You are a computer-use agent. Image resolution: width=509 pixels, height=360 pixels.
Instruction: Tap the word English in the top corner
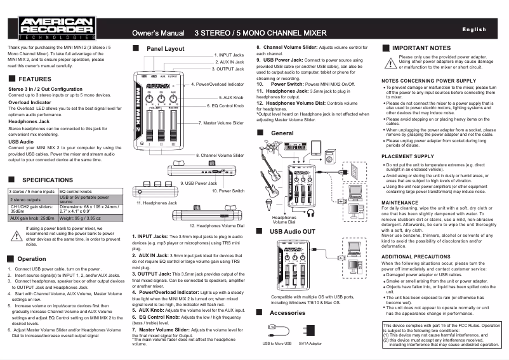click(x=473, y=30)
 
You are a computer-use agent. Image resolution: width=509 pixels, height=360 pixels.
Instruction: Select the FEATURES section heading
click(x=34, y=79)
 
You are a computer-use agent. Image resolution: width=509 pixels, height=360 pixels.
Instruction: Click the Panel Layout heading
click(x=165, y=49)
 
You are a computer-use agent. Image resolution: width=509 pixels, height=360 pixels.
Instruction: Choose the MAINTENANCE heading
click(x=400, y=203)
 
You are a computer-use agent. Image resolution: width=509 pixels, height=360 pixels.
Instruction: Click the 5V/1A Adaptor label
click(x=308, y=343)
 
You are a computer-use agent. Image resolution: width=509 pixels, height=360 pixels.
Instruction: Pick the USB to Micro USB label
click(x=277, y=343)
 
